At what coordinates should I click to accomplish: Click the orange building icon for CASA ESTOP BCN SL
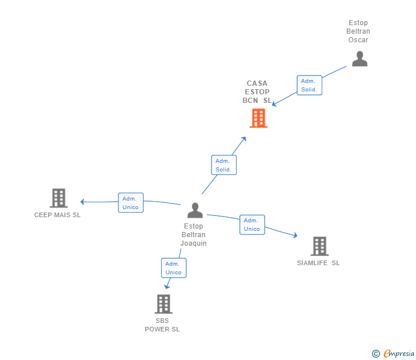click(258, 118)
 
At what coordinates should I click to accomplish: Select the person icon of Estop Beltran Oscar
click(359, 58)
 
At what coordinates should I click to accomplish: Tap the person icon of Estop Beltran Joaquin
click(195, 210)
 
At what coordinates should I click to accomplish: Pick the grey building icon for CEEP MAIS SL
click(58, 198)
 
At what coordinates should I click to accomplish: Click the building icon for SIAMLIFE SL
click(319, 246)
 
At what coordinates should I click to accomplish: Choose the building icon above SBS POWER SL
click(163, 303)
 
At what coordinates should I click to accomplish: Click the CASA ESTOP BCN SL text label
click(257, 92)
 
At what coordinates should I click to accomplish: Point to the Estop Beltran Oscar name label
click(359, 31)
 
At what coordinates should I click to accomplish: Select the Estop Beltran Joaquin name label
click(194, 235)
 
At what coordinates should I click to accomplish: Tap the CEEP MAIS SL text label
click(57, 215)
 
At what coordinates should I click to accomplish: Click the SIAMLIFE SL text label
click(318, 263)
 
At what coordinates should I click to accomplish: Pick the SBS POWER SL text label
click(162, 325)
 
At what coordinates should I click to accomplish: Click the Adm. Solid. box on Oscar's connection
click(309, 85)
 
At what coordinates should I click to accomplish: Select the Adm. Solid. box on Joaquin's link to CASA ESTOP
click(223, 165)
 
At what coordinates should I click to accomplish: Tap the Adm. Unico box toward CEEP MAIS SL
click(130, 203)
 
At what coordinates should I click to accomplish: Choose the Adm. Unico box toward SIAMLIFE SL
click(251, 225)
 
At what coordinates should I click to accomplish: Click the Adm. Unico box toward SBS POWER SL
click(173, 268)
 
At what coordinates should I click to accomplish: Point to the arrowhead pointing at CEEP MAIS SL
click(83, 202)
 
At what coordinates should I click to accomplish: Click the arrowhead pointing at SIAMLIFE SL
click(294, 235)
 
